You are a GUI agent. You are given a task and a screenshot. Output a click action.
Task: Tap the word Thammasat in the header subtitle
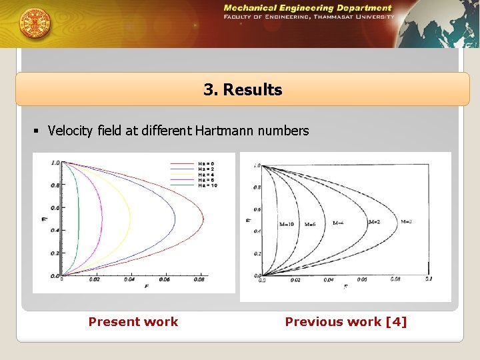[x=339, y=17]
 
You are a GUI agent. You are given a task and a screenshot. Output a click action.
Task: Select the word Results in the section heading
[x=253, y=90]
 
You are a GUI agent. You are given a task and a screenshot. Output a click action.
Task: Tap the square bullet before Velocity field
[x=40, y=131]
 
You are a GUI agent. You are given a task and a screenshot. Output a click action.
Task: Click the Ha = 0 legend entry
[x=205, y=163]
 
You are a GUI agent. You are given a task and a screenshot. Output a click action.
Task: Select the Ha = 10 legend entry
[x=207, y=185]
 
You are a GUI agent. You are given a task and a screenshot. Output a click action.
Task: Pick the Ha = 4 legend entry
[x=205, y=175]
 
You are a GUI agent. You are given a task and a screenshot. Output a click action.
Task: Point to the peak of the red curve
[x=204, y=219]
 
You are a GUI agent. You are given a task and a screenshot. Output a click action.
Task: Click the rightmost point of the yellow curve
[x=132, y=219]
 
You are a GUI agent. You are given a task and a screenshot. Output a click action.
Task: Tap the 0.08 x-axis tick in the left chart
[x=199, y=280]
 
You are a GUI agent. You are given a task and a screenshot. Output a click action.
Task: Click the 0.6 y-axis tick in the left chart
[x=55, y=208]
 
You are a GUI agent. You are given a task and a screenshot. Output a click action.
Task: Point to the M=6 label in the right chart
[x=310, y=224]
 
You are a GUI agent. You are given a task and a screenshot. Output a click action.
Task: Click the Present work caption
[x=133, y=322]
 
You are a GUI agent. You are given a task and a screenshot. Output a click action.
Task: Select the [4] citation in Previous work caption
[x=395, y=322]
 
